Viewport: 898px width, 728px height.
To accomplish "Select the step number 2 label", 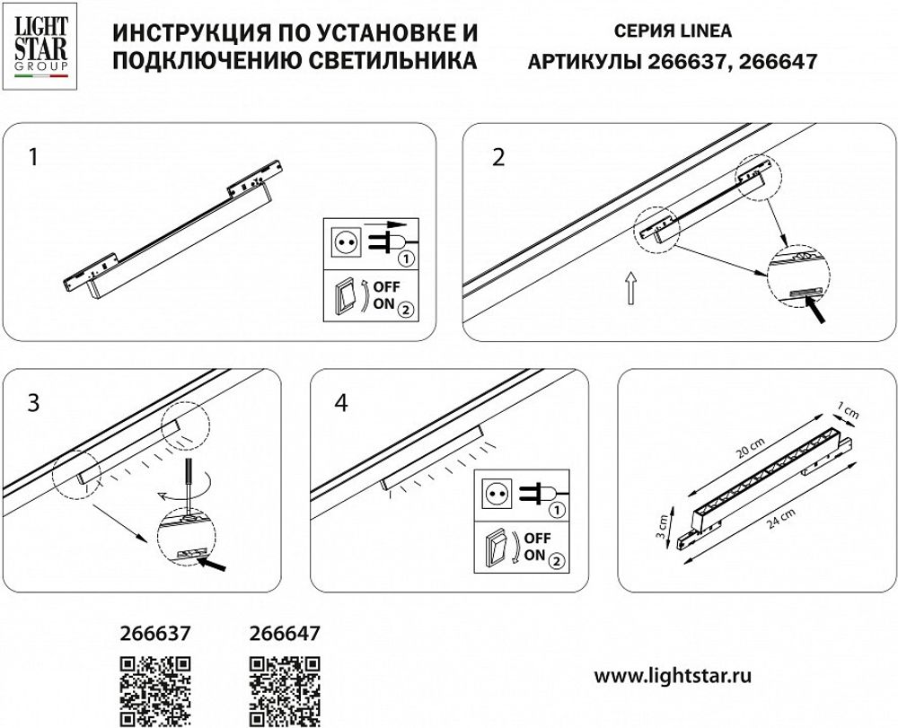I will [x=499, y=158].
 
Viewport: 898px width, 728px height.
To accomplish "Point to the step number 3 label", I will [x=33, y=403].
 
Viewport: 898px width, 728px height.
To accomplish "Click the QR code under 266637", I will [x=155, y=690].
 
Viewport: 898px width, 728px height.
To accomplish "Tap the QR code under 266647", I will [x=283, y=690].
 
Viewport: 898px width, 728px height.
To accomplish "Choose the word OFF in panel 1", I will [x=387, y=286].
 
